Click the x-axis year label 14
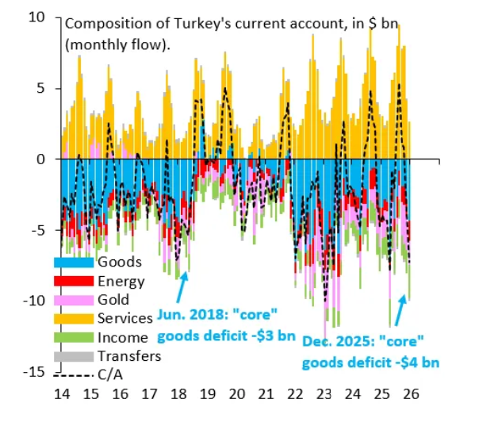click(x=61, y=393)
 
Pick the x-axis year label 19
click(x=207, y=393)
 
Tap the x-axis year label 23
click(x=324, y=393)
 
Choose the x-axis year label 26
click(x=411, y=393)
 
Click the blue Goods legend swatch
click(x=73, y=263)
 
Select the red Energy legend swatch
click(x=73, y=281)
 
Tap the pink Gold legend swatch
click(x=73, y=300)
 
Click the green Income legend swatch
click(x=73, y=337)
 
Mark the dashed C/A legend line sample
click(x=73, y=374)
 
